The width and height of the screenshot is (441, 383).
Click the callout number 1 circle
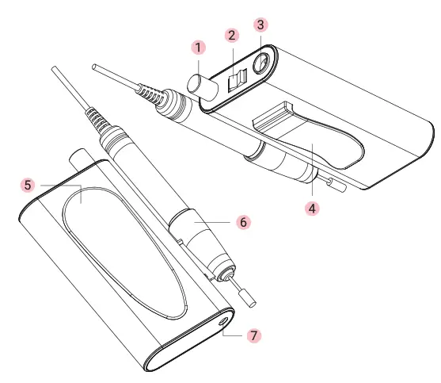[x=198, y=48]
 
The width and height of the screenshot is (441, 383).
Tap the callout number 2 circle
[x=231, y=36]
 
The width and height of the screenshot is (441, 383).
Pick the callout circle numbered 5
[x=28, y=184]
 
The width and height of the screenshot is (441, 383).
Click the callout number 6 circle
[x=243, y=222]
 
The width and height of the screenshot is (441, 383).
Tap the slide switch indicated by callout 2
[x=237, y=79]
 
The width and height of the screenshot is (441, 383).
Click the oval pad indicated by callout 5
[x=127, y=246]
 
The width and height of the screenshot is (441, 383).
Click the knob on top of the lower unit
[x=79, y=156]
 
